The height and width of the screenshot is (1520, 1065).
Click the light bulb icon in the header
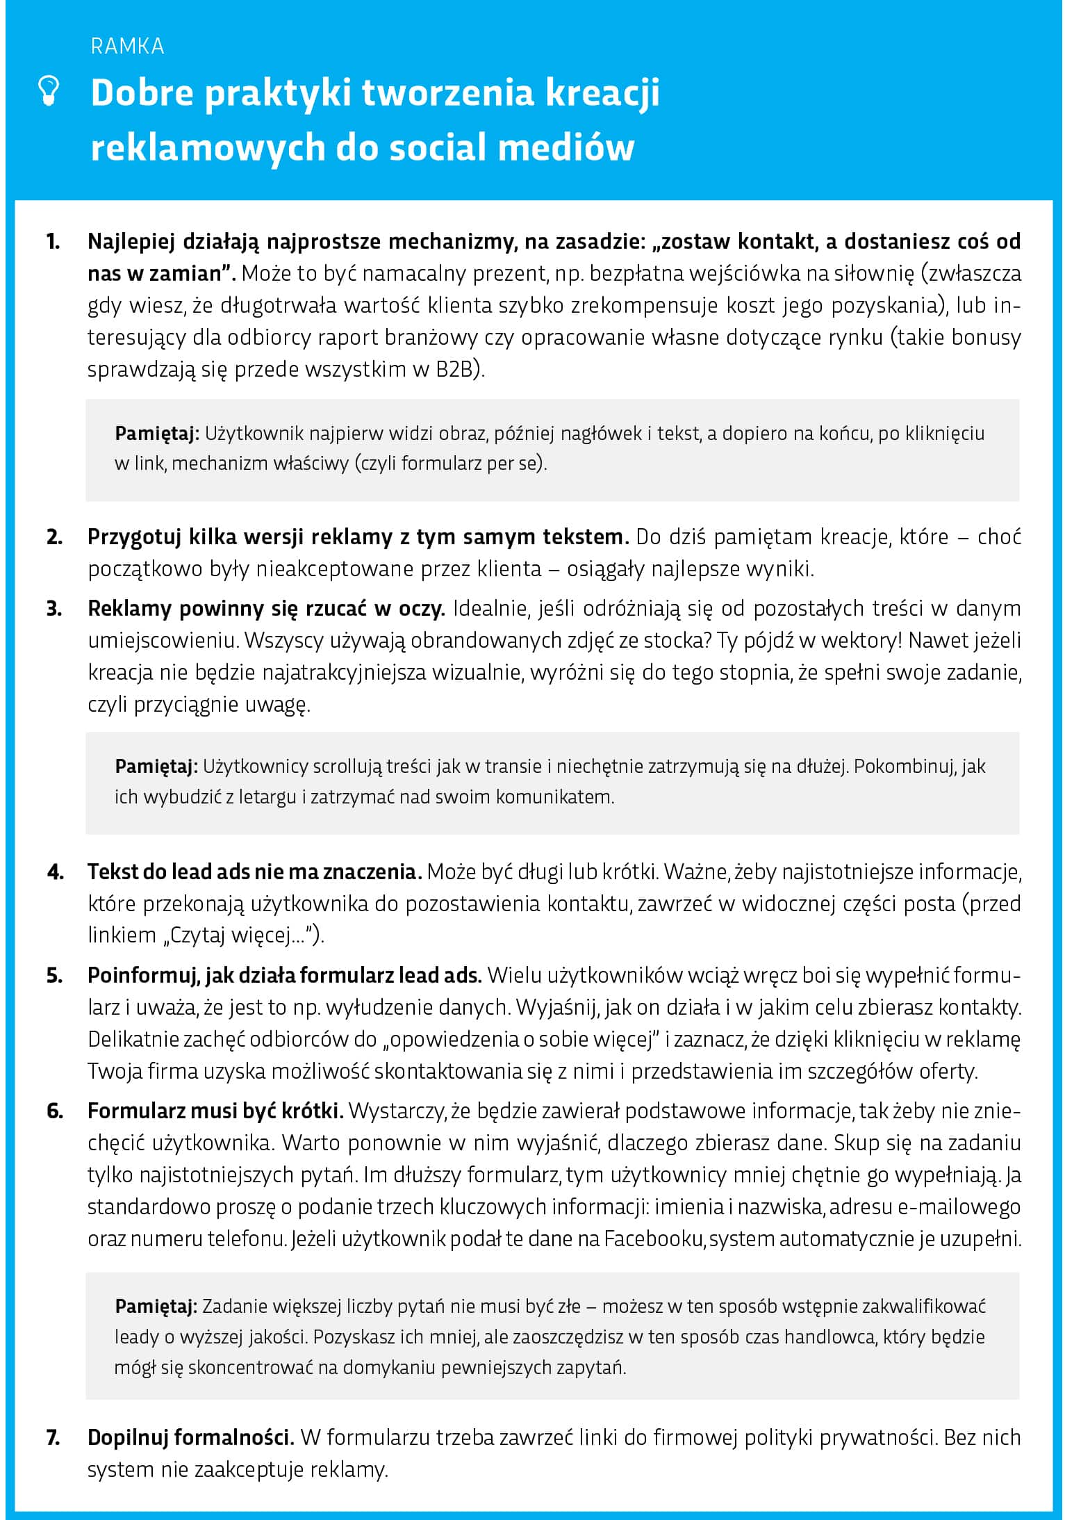coord(49,92)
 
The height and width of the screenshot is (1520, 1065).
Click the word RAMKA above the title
coord(127,47)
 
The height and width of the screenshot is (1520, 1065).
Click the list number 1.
coord(53,242)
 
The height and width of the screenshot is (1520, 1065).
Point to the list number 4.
coord(55,872)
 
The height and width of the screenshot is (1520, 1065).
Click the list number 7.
coord(53,1437)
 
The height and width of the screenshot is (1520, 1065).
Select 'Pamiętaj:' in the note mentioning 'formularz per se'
coord(157,434)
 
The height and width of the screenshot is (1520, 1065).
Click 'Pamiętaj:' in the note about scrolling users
coord(157,767)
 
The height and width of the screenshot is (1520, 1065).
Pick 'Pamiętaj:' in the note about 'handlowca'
coord(157,1307)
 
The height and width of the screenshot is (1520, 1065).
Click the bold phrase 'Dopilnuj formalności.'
coord(191,1437)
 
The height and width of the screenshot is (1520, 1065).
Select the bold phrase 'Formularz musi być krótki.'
coord(215,1111)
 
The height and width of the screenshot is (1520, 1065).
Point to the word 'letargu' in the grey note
coord(267,796)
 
